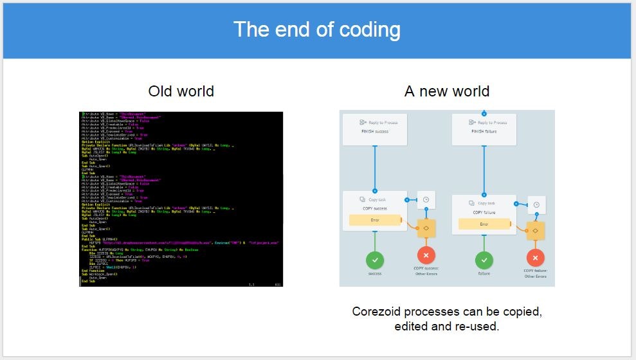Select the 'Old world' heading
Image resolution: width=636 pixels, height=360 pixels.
coord(181,91)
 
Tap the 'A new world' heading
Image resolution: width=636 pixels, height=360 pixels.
coord(446,91)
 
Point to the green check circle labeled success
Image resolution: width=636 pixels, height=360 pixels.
coord(375,260)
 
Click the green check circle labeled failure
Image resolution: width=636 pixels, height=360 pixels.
coord(484,260)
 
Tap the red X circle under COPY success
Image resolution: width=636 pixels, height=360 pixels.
coord(426,256)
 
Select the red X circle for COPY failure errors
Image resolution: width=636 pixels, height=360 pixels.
coord(535,258)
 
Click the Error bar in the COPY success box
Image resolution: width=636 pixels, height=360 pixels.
coord(375,220)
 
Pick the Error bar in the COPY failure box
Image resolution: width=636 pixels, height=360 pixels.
coord(484,224)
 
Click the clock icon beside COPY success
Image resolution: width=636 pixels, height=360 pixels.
coord(426,200)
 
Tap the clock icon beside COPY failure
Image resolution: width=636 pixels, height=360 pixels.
coord(536,205)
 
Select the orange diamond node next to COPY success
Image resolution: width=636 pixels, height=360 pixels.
coord(426,228)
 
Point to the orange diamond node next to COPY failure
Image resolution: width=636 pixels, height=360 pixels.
coord(535,231)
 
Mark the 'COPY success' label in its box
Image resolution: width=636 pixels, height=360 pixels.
coord(375,208)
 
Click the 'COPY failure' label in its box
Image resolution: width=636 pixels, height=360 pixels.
coord(484,212)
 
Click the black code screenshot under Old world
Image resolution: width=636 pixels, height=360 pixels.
coord(181,199)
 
